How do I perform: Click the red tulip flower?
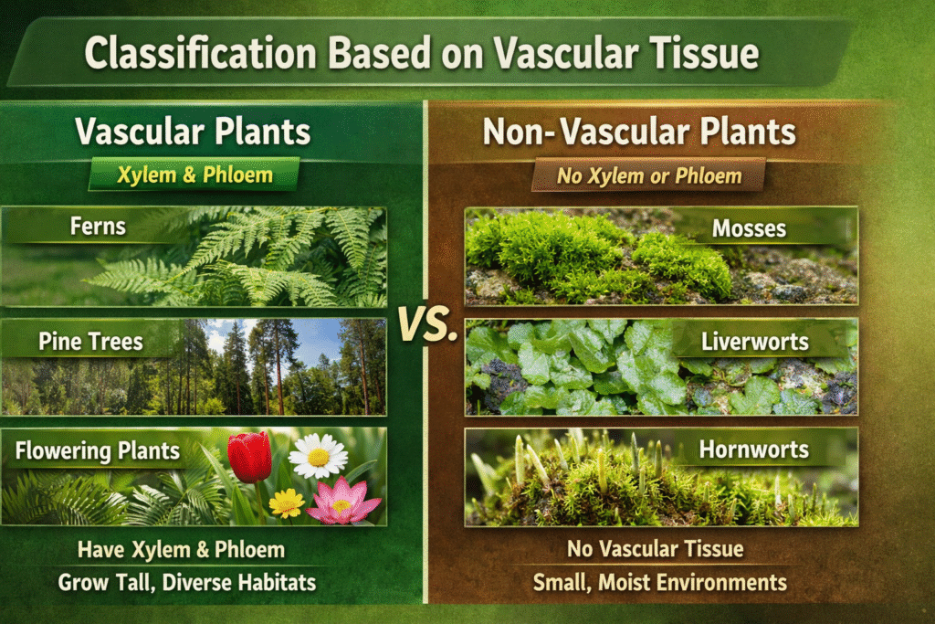click(249, 457)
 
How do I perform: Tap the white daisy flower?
click(318, 457)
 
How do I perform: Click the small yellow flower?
click(287, 502)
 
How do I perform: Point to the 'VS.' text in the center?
click(427, 325)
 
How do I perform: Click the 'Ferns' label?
click(98, 227)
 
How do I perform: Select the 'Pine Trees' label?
click(90, 342)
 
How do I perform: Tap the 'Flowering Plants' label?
click(97, 451)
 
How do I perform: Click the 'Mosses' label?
click(749, 228)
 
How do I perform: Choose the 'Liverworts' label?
click(755, 342)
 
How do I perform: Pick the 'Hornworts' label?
click(753, 449)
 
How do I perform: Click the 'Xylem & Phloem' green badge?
click(194, 175)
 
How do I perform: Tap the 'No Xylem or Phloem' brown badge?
click(649, 176)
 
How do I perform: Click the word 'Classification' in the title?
click(200, 52)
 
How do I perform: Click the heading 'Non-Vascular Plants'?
click(639, 132)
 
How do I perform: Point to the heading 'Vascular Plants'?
click(193, 132)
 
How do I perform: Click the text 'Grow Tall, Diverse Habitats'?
click(186, 582)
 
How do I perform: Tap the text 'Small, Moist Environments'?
click(659, 582)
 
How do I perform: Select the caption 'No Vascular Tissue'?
click(655, 549)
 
